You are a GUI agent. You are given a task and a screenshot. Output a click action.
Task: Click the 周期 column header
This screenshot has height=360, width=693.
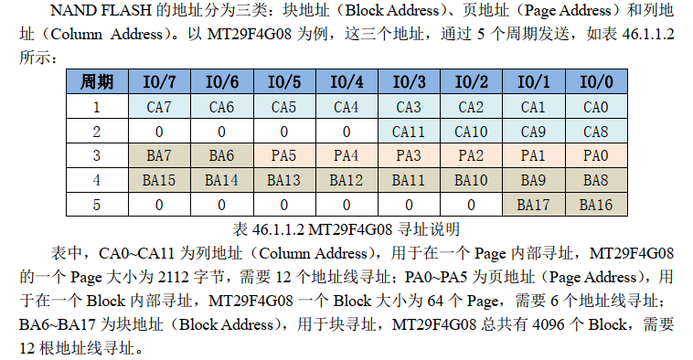point(98,82)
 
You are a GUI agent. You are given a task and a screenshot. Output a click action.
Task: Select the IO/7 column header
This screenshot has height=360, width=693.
point(159,82)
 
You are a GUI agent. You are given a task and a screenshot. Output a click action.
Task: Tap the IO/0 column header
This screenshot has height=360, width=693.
point(595,82)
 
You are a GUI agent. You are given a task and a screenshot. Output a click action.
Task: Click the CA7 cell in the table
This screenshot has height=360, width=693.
point(159,107)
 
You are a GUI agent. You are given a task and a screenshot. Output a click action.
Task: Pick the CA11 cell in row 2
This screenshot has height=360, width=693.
point(409,132)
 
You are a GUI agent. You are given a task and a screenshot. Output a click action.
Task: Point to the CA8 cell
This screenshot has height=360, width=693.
point(595,132)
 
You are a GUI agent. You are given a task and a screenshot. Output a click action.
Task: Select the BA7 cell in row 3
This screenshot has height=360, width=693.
point(159,156)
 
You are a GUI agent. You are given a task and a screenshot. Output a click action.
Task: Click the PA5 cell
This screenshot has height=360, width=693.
point(283,156)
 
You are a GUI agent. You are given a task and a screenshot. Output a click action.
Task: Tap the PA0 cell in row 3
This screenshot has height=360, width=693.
point(595,156)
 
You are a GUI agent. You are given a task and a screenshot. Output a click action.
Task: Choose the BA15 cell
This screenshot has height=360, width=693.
point(159,181)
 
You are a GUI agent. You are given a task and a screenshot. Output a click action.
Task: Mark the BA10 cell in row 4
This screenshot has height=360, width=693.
point(471,181)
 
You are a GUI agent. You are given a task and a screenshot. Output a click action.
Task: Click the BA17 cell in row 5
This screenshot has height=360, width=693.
point(533,205)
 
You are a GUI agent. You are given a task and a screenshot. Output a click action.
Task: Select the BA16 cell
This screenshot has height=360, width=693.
point(595,205)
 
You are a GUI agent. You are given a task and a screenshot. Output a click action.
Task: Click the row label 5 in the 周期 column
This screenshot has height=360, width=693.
point(98,205)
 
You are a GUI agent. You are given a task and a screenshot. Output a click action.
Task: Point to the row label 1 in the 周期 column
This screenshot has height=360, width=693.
point(98,107)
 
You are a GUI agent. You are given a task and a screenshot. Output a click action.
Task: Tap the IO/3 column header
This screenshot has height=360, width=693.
point(409,82)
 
